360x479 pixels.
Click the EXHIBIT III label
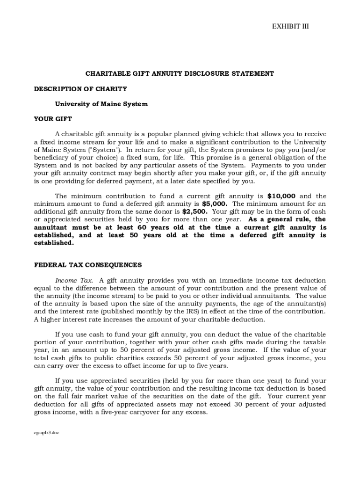click(x=290, y=26)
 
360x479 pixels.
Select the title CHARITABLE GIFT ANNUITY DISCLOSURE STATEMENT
click(x=180, y=73)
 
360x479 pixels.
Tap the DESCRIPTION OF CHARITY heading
click(x=80, y=89)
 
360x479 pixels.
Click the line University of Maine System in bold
click(x=101, y=104)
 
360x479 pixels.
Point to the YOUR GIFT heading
click(x=53, y=119)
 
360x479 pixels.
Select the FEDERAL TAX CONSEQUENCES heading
click(x=88, y=265)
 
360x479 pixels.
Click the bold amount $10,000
click(x=281, y=196)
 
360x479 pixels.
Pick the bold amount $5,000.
click(x=215, y=204)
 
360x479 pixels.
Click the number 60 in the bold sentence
click(x=142, y=227)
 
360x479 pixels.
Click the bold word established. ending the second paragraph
click(x=54, y=243)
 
